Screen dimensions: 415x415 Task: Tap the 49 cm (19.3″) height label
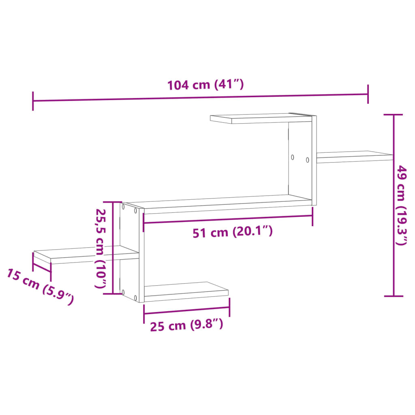401,205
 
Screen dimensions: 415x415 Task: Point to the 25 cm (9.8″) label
186,325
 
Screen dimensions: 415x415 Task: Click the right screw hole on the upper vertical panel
307,160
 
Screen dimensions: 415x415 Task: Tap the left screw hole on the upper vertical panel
292,156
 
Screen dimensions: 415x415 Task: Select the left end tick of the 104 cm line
33,101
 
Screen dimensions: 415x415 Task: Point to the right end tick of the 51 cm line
312,216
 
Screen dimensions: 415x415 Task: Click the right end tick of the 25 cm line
229,307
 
